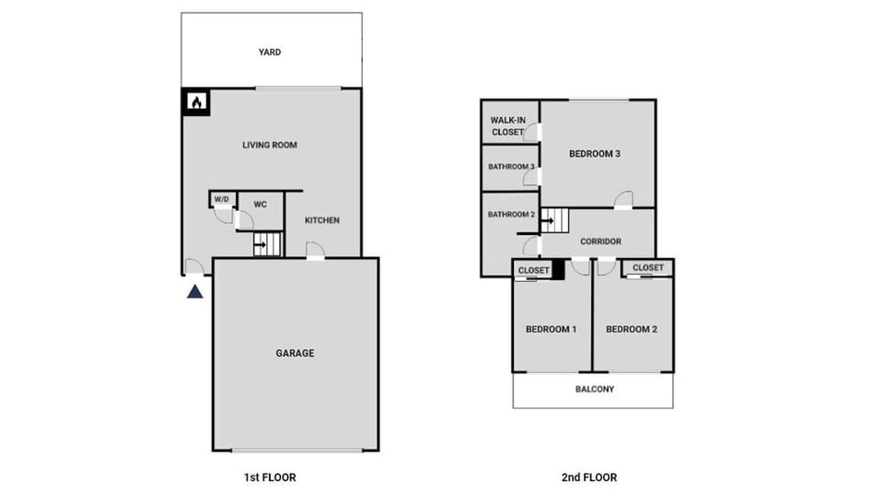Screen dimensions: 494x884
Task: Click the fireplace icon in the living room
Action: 195,101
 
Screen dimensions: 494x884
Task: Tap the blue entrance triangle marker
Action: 195,292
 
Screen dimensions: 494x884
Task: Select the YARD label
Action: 270,53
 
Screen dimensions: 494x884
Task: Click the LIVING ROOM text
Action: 270,145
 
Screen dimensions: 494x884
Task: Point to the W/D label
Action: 222,199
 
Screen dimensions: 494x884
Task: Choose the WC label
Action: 261,204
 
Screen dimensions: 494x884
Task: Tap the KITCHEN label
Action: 322,220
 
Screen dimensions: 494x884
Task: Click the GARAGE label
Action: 295,353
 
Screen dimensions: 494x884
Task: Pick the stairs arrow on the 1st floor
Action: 261,245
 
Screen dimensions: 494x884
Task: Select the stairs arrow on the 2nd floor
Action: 548,221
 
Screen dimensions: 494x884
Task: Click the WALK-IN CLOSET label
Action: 507,126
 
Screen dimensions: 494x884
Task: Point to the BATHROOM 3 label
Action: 511,167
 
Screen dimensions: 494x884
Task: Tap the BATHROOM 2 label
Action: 511,215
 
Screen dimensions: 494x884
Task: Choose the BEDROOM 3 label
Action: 594,154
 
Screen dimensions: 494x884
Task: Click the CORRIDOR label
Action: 600,241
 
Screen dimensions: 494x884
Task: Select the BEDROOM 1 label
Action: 551,329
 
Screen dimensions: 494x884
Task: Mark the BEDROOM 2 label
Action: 632,329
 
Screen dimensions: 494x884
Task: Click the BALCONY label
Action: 595,389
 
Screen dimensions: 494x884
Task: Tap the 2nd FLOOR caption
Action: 589,477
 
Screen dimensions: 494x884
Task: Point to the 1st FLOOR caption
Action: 269,477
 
